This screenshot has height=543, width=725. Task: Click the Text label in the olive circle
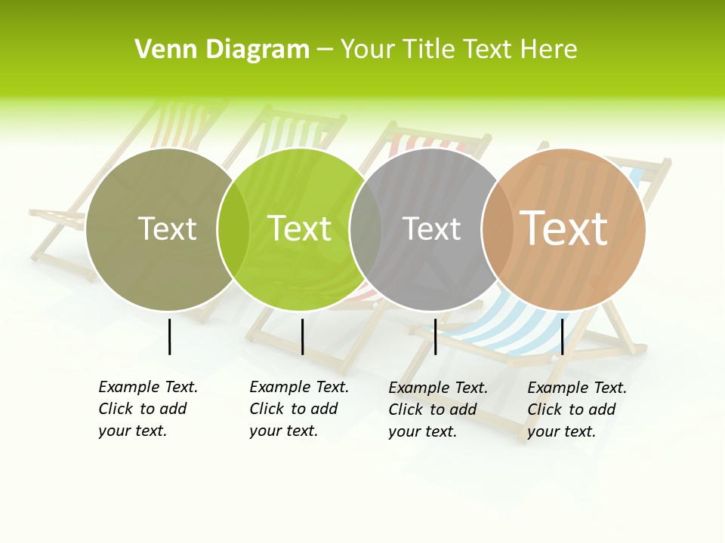167,229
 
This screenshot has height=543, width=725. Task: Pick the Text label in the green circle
300,229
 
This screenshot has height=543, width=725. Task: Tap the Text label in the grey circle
431,229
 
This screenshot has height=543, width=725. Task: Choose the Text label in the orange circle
564,229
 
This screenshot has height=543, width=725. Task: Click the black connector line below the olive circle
169,336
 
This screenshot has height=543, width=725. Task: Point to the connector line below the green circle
302,336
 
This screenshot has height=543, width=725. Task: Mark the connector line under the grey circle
435,336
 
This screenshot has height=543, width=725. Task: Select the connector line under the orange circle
562,336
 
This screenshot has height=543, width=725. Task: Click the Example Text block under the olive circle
148,409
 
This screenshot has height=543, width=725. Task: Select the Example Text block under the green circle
299,409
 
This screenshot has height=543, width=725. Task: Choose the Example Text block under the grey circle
438,410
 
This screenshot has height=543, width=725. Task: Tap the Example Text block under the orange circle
577,410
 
